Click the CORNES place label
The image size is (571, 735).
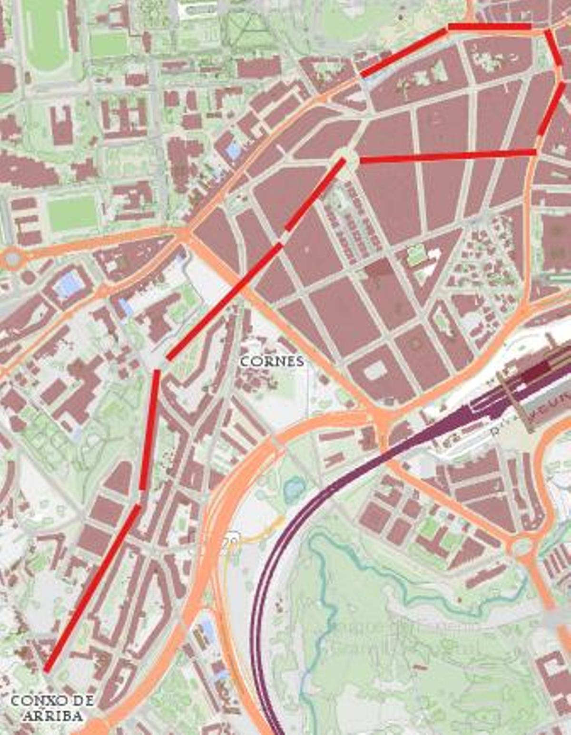click(x=272, y=361)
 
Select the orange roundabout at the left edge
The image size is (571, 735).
click(x=11, y=260)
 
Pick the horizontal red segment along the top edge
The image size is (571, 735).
click(x=489, y=27)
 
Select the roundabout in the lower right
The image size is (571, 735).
click(x=522, y=546)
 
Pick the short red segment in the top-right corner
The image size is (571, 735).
click(x=553, y=48)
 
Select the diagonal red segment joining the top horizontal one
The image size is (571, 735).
click(x=404, y=52)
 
